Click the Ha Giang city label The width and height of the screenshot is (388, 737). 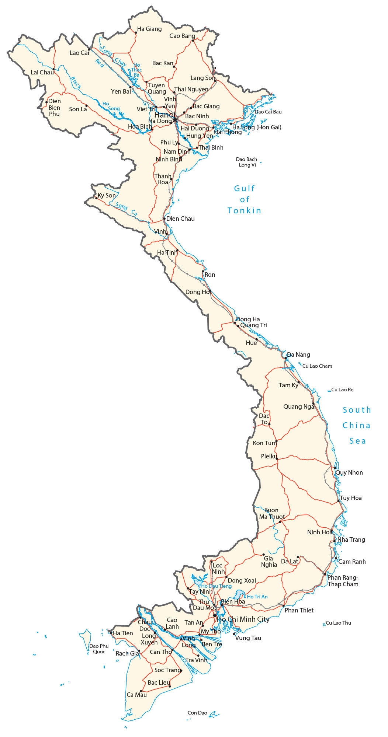149,29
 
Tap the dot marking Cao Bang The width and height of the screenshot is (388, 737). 193,41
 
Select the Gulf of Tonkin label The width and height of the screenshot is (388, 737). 244,199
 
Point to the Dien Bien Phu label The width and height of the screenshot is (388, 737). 54,107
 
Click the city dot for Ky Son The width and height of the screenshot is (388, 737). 96,198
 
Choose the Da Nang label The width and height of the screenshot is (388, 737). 298,354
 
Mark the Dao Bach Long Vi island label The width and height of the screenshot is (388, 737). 247,162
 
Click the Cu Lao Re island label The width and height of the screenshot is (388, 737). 342,390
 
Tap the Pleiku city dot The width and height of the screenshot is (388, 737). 277,458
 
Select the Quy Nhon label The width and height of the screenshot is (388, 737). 349,472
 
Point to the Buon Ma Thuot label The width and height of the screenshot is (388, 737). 271,513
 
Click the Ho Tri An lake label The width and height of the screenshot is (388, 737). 257,597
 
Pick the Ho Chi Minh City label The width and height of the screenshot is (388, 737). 243,619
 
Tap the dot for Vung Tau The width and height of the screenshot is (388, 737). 235,634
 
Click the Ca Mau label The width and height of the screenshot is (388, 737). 136,695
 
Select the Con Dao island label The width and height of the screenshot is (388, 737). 197,713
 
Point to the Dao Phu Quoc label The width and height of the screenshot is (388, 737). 99,649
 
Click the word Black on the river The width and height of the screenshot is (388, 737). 76,82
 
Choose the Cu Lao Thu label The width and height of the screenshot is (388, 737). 338,623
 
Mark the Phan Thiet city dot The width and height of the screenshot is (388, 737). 283,606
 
